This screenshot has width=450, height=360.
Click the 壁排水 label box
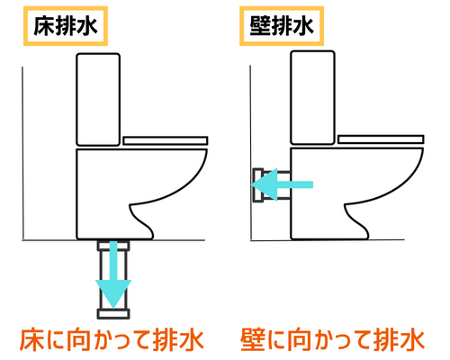pos(279,28)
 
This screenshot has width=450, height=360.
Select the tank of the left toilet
pos(99,99)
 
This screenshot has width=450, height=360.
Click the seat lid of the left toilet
pos(166,140)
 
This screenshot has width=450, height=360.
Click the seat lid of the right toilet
pos(379,140)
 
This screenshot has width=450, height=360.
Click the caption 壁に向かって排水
pos(332,340)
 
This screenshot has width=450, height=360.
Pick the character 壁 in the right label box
pos(256,28)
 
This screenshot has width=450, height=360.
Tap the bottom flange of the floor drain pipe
pos(114,314)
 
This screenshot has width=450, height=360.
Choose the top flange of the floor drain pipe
pos(114,244)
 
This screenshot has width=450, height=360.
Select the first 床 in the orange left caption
pos(33,340)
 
